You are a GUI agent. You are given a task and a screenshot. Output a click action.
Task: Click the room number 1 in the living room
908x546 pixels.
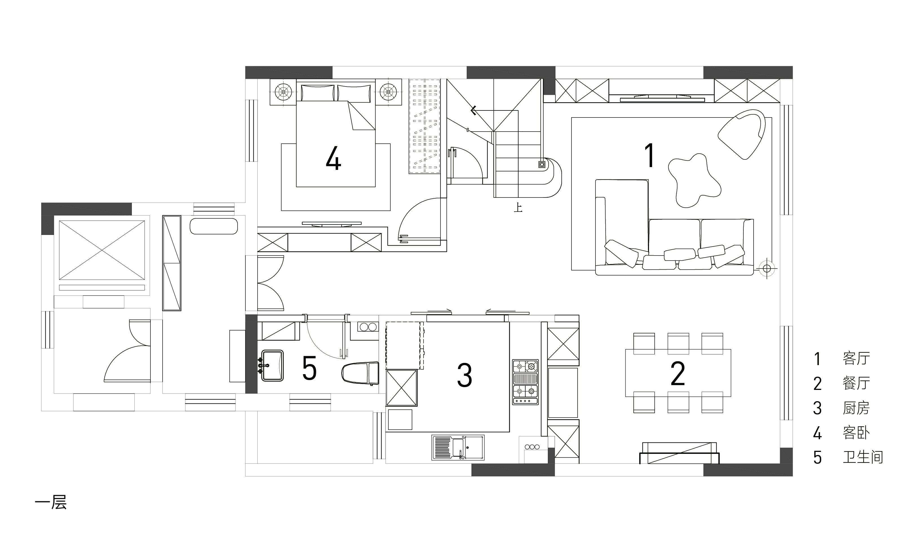tap(650, 155)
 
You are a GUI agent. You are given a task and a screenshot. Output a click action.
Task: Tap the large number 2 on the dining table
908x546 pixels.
tap(678, 374)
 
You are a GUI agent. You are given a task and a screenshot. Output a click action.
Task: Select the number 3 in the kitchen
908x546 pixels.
tap(464, 375)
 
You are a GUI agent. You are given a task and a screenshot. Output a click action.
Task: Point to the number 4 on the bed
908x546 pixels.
tap(333, 158)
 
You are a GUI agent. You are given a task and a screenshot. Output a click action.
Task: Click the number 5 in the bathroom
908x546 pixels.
tap(309, 368)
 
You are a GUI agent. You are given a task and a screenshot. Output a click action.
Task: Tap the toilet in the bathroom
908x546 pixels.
tap(360, 373)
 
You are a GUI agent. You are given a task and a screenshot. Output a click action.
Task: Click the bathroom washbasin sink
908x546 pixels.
tap(272, 365)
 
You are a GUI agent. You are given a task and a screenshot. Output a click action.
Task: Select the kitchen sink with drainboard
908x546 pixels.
tap(458, 447)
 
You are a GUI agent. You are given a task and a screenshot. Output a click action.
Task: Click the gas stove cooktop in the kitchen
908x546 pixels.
tap(525, 382)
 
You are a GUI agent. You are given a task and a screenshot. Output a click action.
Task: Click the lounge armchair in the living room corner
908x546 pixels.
tap(741, 134)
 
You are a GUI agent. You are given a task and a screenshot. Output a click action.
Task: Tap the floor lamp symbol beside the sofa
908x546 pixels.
tap(767, 268)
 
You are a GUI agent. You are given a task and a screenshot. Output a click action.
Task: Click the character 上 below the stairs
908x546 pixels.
tap(518, 208)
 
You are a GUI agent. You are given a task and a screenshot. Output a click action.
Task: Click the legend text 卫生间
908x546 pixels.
tap(863, 457)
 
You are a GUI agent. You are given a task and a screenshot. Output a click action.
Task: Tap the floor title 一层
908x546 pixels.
tap(51, 503)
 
